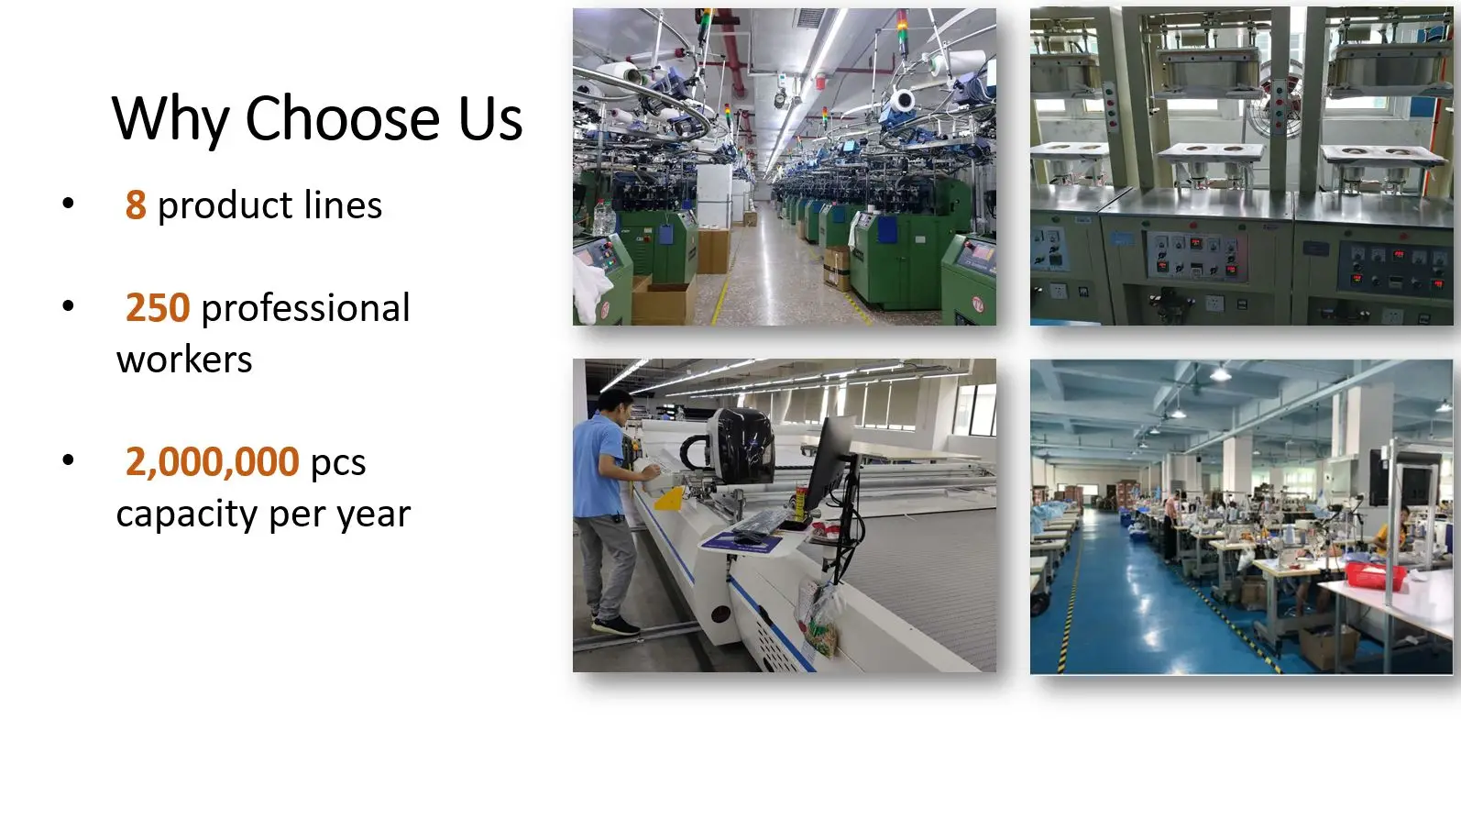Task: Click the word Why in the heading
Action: point(170,119)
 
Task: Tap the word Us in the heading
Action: point(490,119)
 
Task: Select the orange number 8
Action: point(136,205)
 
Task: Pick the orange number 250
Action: point(158,308)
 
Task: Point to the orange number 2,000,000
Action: point(212,462)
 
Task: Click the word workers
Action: point(184,360)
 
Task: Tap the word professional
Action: point(306,308)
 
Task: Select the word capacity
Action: point(187,515)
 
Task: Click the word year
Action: point(374,516)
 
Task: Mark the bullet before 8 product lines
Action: point(68,204)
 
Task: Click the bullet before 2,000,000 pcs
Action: point(68,460)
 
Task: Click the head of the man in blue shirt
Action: point(614,406)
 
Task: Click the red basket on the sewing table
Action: point(1375,575)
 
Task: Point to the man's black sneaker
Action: point(615,626)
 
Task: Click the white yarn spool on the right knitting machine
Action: point(904,102)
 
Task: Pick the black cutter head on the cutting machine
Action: point(740,445)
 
